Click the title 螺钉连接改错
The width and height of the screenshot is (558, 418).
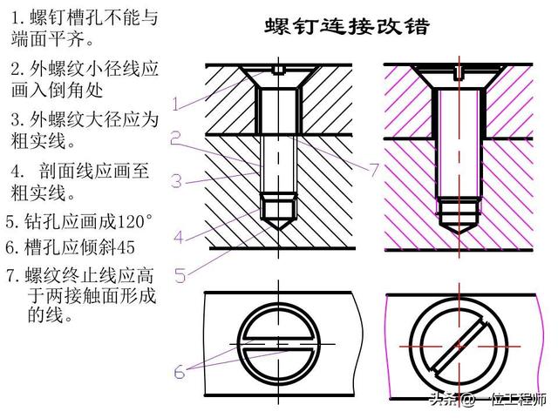coord(346,26)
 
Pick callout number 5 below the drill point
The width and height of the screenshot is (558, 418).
coord(180,275)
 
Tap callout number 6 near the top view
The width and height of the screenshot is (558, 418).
coord(179,371)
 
